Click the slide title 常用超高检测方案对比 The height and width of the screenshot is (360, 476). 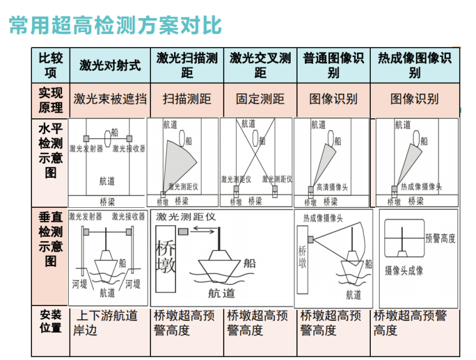pyautogui.click(x=115, y=25)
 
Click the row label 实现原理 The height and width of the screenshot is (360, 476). pyautogui.click(x=51, y=100)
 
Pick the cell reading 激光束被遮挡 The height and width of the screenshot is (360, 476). pyautogui.click(x=110, y=99)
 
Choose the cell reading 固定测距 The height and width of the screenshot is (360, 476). pyautogui.click(x=260, y=99)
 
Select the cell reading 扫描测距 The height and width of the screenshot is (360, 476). pyautogui.click(x=187, y=99)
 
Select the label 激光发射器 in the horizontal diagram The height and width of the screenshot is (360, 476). pyautogui.click(x=86, y=149)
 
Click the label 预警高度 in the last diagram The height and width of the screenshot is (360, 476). pyautogui.click(x=440, y=239)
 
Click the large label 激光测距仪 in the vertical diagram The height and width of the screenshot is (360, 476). pyautogui.click(x=185, y=217)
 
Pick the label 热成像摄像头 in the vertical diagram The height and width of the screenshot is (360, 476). pyautogui.click(x=323, y=218)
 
